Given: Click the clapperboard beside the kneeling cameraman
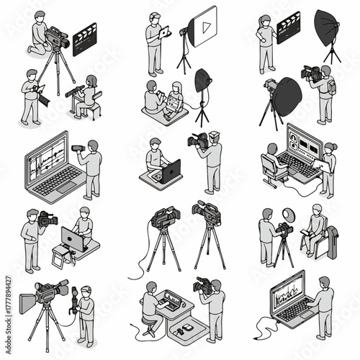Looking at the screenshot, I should click(x=85, y=39).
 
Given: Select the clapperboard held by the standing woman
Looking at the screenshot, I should click(x=288, y=27).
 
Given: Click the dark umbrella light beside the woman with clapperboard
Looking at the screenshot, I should click(x=328, y=26).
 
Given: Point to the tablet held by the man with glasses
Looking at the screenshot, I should click(x=164, y=32).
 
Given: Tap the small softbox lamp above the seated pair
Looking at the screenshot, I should click(x=203, y=80).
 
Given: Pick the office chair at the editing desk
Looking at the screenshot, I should click(x=271, y=168).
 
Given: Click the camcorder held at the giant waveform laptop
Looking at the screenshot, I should click(x=78, y=148).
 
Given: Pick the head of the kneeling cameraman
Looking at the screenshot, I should click(x=40, y=16).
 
